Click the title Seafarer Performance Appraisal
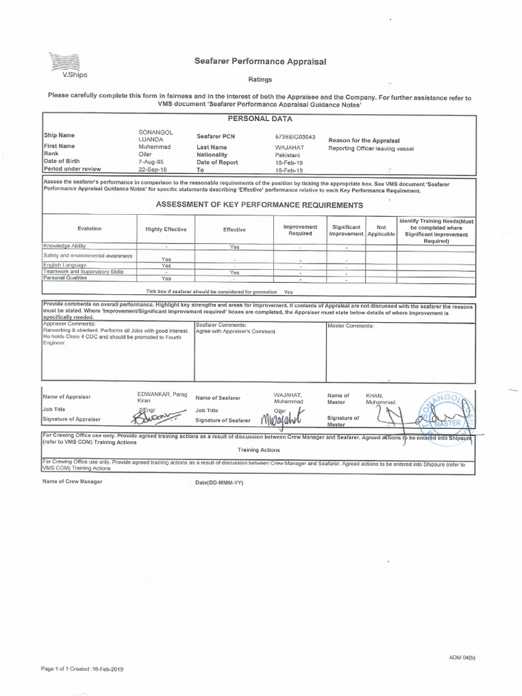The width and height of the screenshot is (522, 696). tap(260, 62)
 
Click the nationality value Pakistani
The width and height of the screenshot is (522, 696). tap(288, 154)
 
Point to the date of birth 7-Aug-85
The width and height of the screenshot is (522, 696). tap(151, 162)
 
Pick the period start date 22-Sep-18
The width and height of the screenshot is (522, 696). tap(152, 171)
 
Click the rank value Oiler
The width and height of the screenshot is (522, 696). tap(145, 154)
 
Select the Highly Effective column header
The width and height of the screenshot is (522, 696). tap(166, 230)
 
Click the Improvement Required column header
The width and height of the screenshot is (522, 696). tap(300, 230)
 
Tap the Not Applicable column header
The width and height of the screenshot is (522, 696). tap(381, 230)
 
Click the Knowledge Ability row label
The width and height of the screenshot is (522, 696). tap(65, 246)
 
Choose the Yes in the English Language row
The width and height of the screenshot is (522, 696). tap(166, 266)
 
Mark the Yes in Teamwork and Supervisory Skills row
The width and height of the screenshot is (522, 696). tap(234, 272)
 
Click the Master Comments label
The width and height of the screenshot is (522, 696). tap(351, 326)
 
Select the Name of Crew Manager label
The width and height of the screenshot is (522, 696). tap(72, 482)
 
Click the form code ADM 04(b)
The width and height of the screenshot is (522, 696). tap(462, 657)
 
